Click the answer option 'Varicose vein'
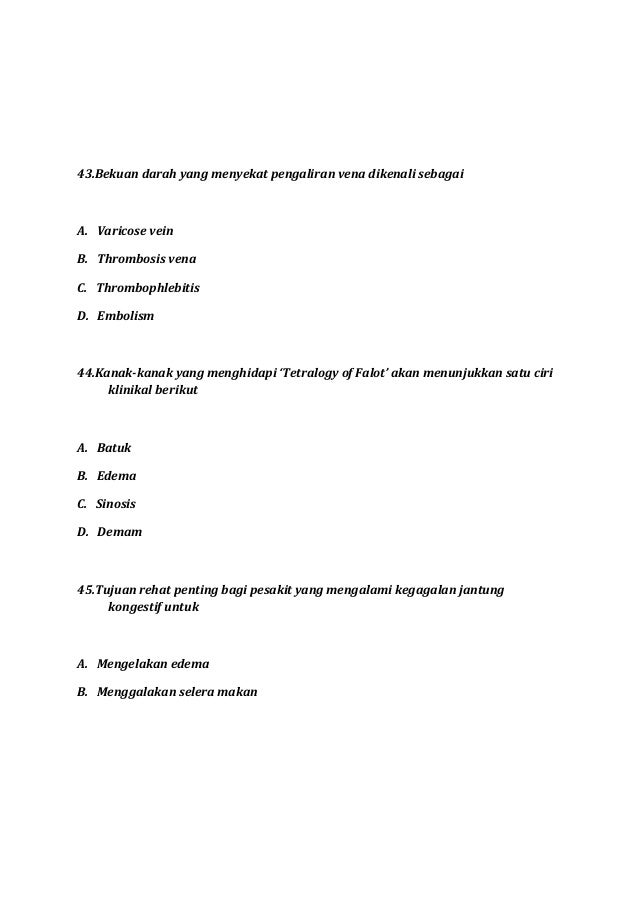pos(134,230)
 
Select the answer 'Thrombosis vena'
pos(139,259)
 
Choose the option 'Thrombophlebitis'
pos(148,288)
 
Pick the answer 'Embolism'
pos(126,317)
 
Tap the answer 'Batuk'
pos(114,446)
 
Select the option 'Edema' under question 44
pos(116,475)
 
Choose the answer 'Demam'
pos(119,532)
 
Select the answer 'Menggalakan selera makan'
pos(177,690)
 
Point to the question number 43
pos(85,173)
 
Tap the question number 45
pos(85,590)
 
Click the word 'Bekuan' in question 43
pos(117,173)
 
